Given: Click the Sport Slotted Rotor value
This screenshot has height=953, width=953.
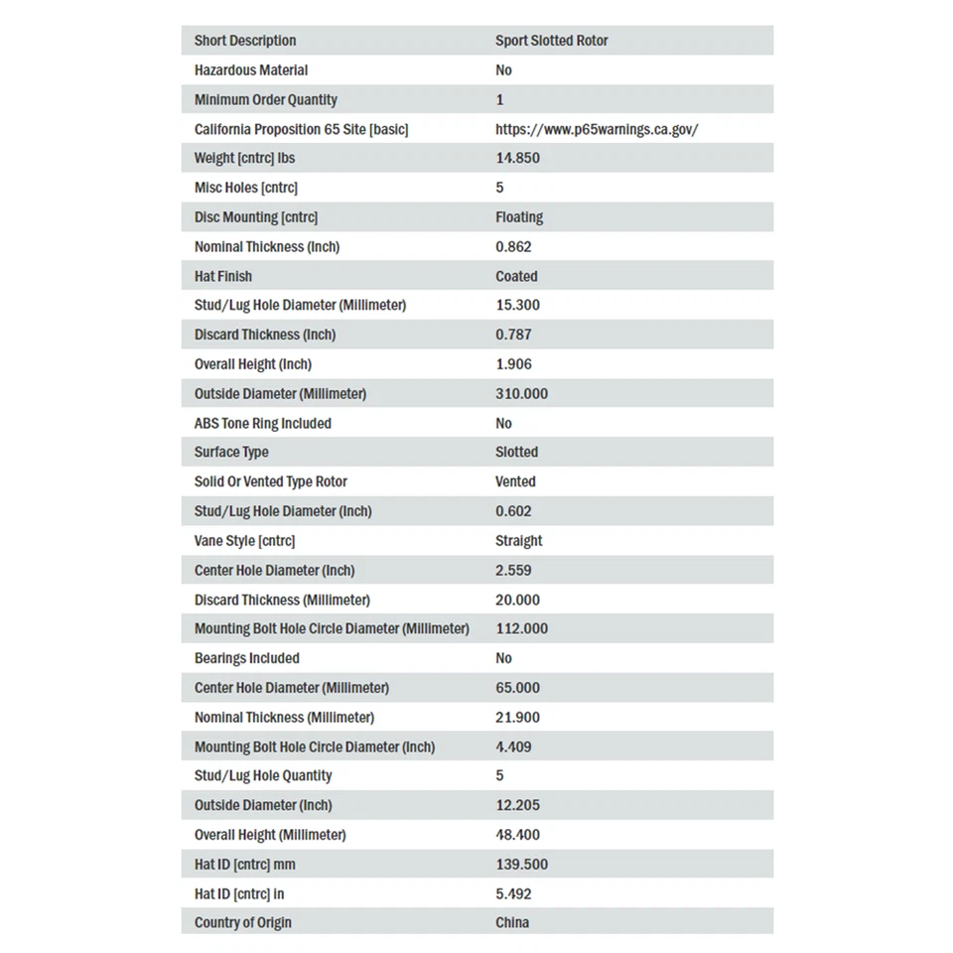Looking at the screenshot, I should pyautogui.click(x=551, y=41).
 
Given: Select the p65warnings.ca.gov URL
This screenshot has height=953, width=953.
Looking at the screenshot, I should pyautogui.click(x=597, y=129).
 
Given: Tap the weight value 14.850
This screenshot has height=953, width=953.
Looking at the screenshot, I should pyautogui.click(x=517, y=158).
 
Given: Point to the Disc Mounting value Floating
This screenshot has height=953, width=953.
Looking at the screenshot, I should pyautogui.click(x=519, y=216).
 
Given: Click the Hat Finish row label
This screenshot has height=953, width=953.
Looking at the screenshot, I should pyautogui.click(x=223, y=276).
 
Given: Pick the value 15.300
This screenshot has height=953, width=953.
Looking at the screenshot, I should pyautogui.click(x=517, y=305).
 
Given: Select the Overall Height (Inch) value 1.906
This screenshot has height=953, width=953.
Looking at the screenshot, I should pyautogui.click(x=513, y=364).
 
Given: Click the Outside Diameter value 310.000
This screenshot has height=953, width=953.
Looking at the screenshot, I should pyautogui.click(x=521, y=393).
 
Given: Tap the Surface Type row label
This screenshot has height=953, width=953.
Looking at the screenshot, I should pyautogui.click(x=231, y=452).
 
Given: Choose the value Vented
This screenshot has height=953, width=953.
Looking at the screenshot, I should pyautogui.click(x=515, y=481).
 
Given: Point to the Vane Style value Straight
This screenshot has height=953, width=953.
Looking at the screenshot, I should pyautogui.click(x=518, y=541).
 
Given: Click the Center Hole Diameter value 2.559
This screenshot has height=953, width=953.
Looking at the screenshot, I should pyautogui.click(x=513, y=570).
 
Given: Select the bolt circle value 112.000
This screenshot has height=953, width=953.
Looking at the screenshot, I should pyautogui.click(x=521, y=628).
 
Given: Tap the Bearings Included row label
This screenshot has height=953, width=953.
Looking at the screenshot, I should pyautogui.click(x=246, y=658).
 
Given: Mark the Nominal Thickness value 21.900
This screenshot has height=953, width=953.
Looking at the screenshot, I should pyautogui.click(x=517, y=717).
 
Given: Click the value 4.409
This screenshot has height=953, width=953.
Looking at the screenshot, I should pyautogui.click(x=513, y=747).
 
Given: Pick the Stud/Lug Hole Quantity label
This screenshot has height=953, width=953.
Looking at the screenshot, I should pyautogui.click(x=263, y=775).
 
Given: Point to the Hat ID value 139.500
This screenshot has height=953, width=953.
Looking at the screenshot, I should pyautogui.click(x=521, y=864).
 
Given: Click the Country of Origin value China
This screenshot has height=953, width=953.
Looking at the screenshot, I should pyautogui.click(x=512, y=922).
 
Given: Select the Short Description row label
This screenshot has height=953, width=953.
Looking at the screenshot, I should pyautogui.click(x=245, y=41).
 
